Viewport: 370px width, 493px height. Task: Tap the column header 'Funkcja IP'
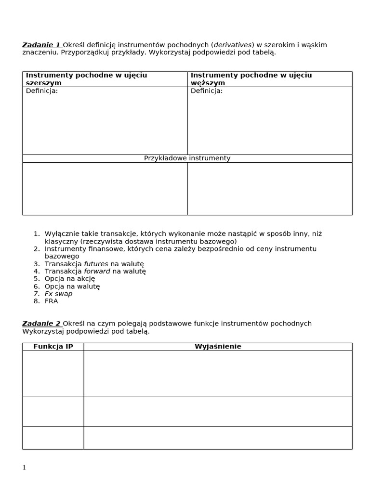pyautogui.click(x=53, y=347)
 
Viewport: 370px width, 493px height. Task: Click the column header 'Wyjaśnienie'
pyautogui.click(x=218, y=347)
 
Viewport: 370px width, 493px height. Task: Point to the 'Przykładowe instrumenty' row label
pyautogui.click(x=187, y=158)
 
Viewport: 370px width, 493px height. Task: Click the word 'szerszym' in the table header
pyautogui.click(x=43, y=83)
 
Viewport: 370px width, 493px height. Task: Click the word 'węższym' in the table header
pyautogui.click(x=208, y=83)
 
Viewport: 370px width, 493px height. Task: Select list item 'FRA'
pyautogui.click(x=51, y=301)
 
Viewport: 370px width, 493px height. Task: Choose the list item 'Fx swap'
pyautogui.click(x=58, y=294)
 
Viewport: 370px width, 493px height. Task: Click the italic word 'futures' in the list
pyautogui.click(x=96, y=264)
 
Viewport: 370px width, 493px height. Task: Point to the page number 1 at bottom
pyautogui.click(x=24, y=468)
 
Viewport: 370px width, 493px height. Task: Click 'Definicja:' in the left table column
pyautogui.click(x=41, y=91)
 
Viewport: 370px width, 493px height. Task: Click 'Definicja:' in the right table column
pyautogui.click(x=207, y=91)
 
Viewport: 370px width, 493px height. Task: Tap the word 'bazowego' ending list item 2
pyautogui.click(x=62, y=257)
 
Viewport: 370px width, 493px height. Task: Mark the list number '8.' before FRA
pyautogui.click(x=37, y=301)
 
